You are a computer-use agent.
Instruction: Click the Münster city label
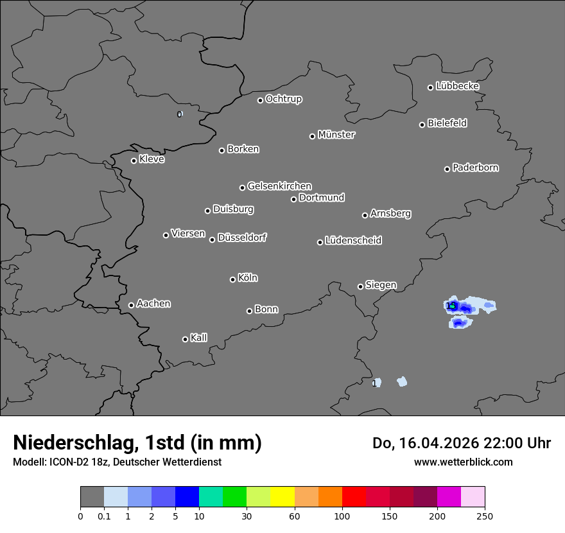click(336, 135)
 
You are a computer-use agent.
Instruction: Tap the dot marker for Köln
click(232, 279)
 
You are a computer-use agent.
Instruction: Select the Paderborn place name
click(476, 168)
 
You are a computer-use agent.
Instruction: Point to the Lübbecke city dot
click(430, 87)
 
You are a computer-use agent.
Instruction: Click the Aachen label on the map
click(153, 304)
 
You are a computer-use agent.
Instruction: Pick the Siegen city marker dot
click(360, 286)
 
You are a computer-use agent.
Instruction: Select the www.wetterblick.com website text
click(464, 462)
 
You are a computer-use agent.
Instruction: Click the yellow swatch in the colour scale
click(282, 497)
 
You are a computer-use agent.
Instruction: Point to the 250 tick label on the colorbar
click(485, 516)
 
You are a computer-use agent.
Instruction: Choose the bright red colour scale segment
click(354, 497)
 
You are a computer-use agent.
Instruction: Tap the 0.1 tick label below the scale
click(104, 516)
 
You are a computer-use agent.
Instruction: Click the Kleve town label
click(152, 159)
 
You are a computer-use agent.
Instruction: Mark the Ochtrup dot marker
click(260, 100)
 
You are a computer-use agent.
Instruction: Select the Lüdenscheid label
click(353, 241)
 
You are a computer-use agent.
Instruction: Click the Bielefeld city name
click(447, 123)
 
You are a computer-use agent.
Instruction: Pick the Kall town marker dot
click(185, 339)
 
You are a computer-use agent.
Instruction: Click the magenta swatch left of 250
click(449, 497)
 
